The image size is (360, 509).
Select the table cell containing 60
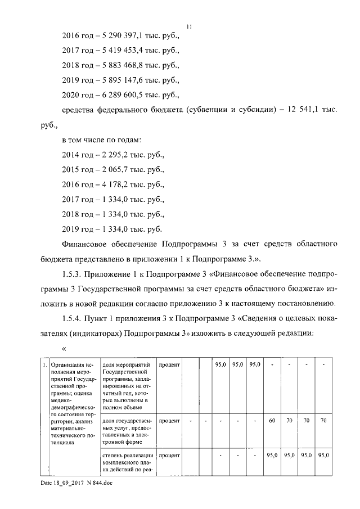(272, 420)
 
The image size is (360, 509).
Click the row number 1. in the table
(44, 366)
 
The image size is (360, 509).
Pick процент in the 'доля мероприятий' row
(169, 366)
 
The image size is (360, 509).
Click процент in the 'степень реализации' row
(169, 455)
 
